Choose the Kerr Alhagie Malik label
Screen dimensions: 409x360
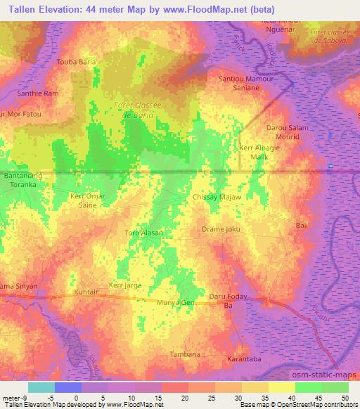click(x=259, y=152)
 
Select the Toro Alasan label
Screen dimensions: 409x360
click(x=143, y=233)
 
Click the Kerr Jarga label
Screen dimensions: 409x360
click(x=124, y=285)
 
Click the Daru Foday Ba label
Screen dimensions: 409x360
click(x=227, y=301)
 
